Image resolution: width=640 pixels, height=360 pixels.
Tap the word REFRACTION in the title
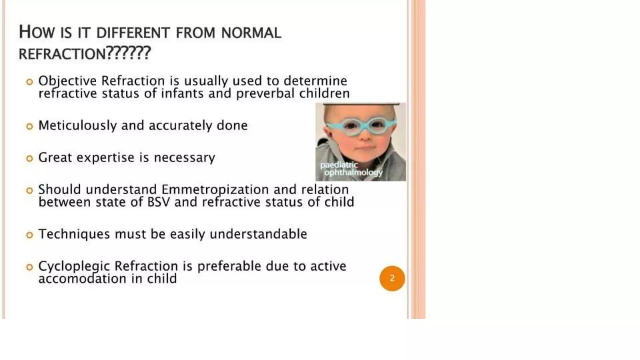[62, 54]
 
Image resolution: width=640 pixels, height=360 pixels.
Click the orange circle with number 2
[392, 278]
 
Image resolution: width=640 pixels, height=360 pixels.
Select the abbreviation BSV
[158, 202]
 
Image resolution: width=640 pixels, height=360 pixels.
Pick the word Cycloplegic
[74, 267]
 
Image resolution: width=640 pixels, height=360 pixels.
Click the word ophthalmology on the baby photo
[353, 172]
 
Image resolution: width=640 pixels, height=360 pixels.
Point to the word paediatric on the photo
[339, 165]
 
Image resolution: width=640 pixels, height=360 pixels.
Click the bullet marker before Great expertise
[29, 158]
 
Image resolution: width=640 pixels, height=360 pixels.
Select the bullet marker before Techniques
[29, 235]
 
